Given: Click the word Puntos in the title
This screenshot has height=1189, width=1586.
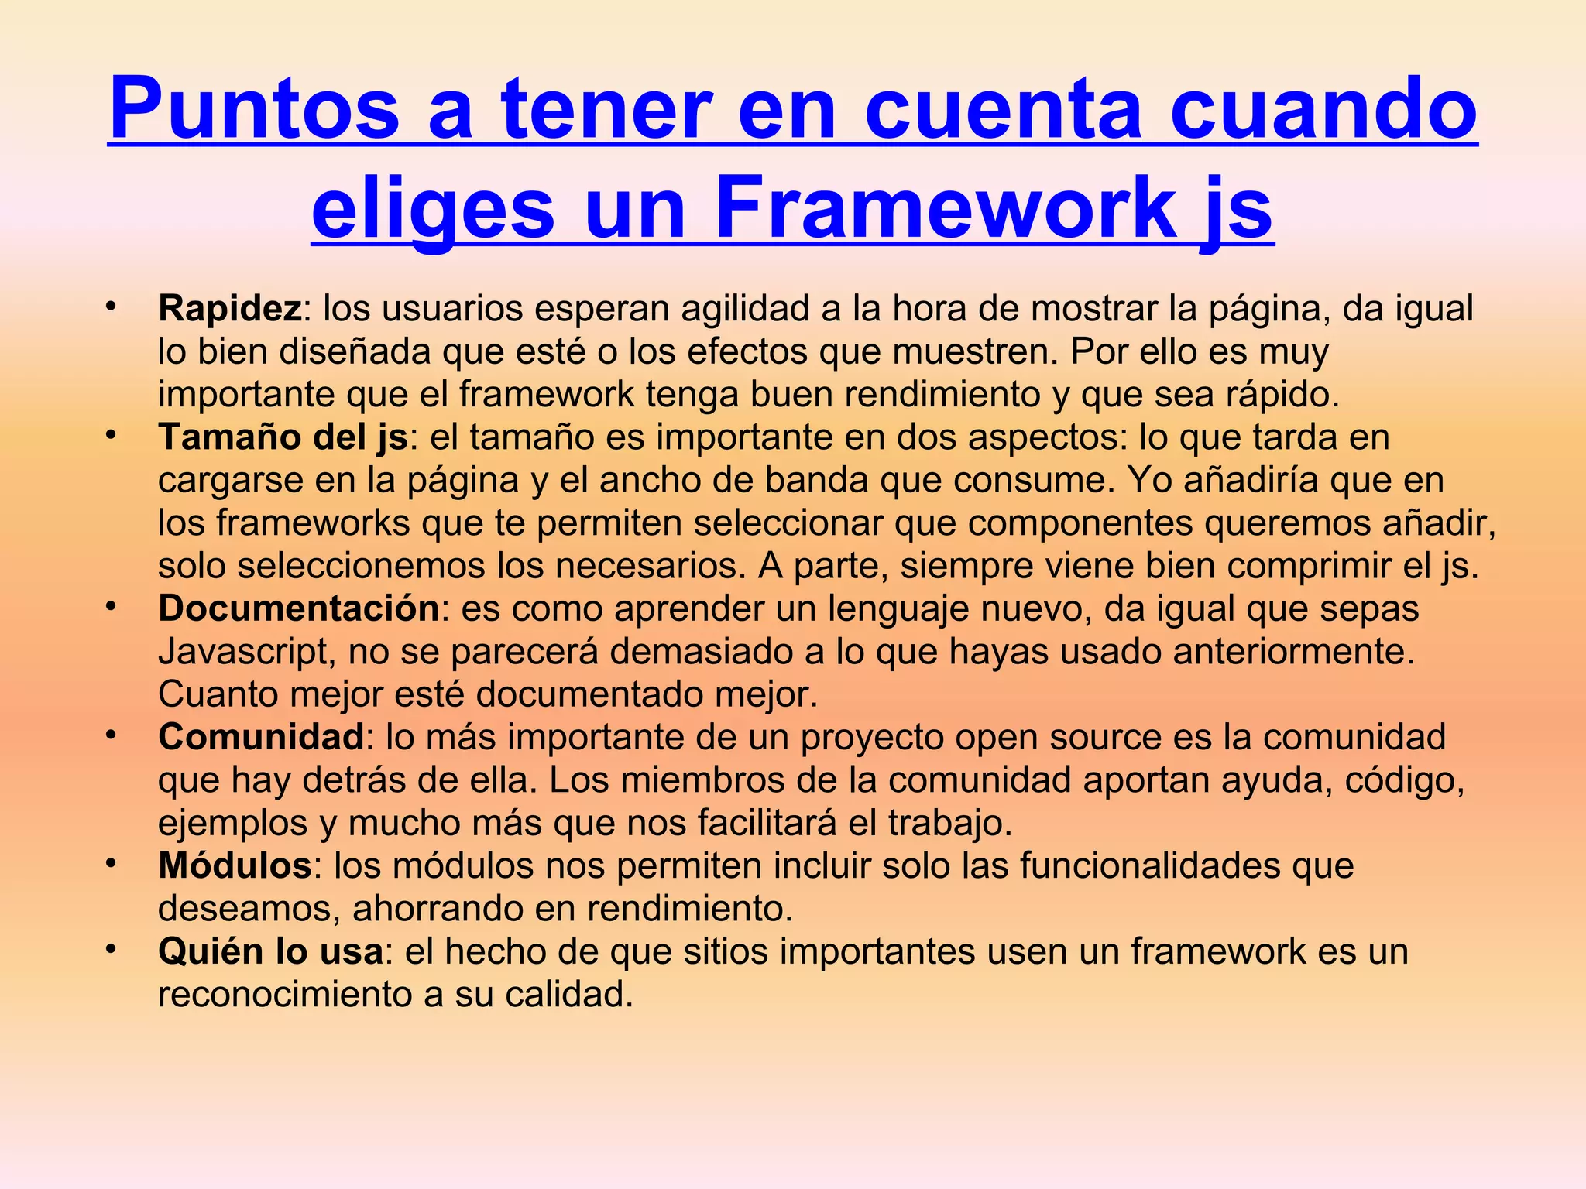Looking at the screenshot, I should pyautogui.click(x=255, y=110).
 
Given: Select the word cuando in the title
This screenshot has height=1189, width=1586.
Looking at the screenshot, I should pyautogui.click(x=1323, y=110).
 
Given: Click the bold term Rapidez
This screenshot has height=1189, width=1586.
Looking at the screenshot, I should pyautogui.click(x=229, y=308).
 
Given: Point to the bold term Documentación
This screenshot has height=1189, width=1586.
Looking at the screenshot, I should pyautogui.click(x=299, y=608).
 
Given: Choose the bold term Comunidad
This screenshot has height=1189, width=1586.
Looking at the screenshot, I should pyautogui.click(x=261, y=737).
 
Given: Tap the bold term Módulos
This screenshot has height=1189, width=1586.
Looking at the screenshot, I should pyautogui.click(x=235, y=865).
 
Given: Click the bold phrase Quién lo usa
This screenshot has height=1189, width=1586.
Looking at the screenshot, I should pyautogui.click(x=270, y=951).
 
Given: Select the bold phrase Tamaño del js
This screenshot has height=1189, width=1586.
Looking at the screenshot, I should pyautogui.click(x=283, y=437).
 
